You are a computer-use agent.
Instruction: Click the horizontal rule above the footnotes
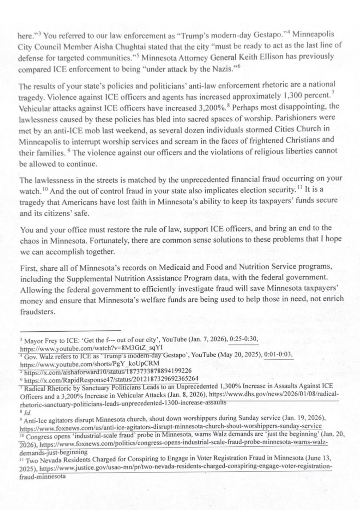pos(70,330)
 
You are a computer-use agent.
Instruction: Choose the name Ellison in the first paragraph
pos(319,57)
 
